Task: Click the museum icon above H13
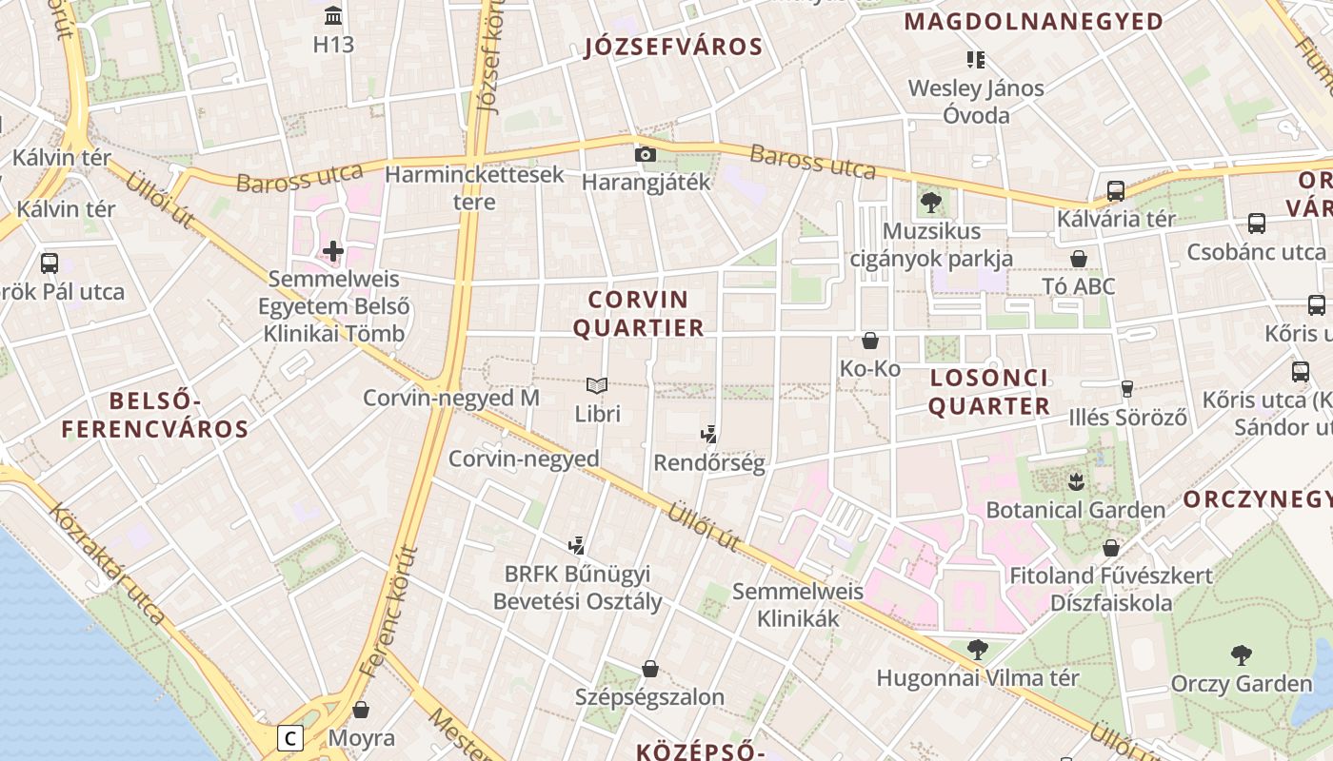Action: coord(333,15)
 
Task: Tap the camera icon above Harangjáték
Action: coord(646,154)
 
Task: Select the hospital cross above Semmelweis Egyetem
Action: coord(332,251)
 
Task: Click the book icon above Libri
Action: coord(597,385)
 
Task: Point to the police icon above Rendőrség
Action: coord(708,436)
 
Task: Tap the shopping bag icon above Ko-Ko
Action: coord(869,340)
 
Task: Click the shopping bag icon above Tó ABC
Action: coord(1079,259)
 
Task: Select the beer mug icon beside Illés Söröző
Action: coord(1127,388)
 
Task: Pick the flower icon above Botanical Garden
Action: coord(1076,480)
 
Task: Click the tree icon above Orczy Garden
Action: coord(1241,654)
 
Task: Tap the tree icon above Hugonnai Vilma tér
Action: coord(977,650)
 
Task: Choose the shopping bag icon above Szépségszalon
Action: coord(650,669)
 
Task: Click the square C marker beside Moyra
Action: coord(290,737)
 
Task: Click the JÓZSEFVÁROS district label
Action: coord(673,48)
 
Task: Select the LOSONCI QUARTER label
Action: coord(989,392)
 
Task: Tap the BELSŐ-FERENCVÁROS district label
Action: coord(155,415)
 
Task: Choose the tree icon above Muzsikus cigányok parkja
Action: coord(931,202)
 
